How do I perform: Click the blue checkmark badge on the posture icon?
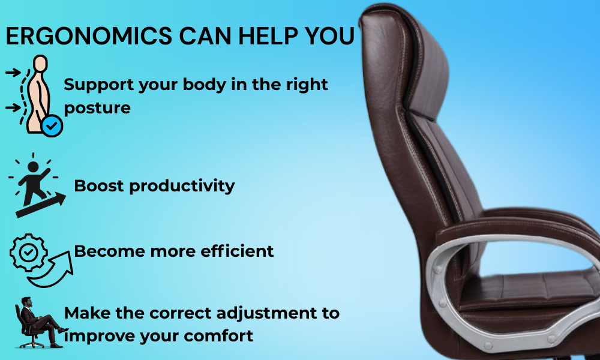coord(52,125)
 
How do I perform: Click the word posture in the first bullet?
coord(97,109)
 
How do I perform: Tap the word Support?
coord(99,85)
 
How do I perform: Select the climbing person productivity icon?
coord(33,186)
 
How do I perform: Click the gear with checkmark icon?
coord(26,253)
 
